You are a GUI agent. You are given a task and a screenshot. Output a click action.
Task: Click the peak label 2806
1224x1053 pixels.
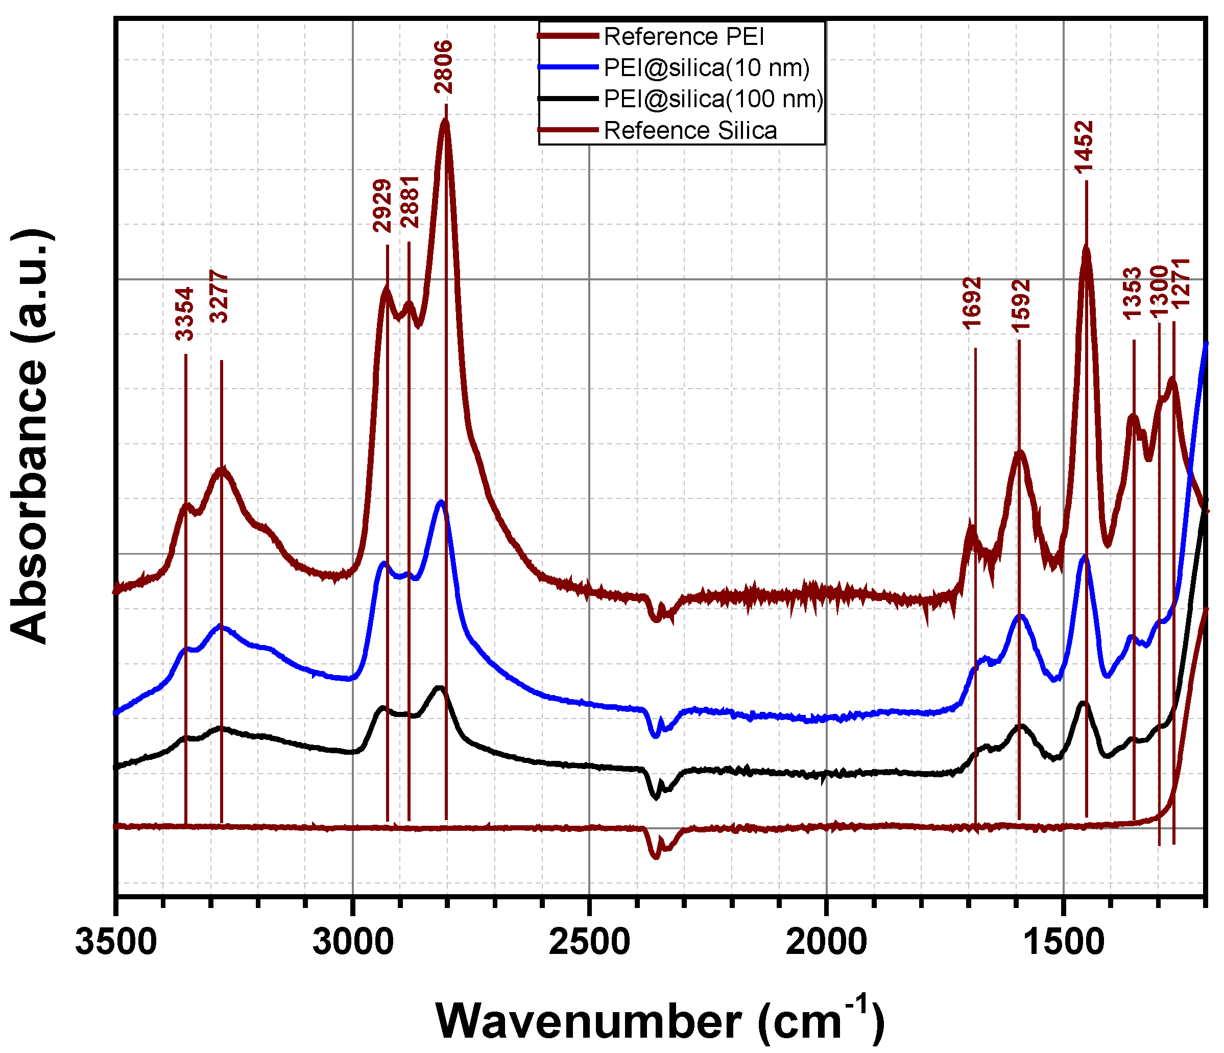(x=443, y=67)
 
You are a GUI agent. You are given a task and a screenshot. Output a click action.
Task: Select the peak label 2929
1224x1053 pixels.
(x=383, y=206)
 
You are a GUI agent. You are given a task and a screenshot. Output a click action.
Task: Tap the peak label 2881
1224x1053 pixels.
(x=410, y=202)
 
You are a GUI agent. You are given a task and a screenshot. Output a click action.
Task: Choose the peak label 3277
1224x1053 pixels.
(x=219, y=297)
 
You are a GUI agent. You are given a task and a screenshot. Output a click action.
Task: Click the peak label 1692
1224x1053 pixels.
(x=972, y=302)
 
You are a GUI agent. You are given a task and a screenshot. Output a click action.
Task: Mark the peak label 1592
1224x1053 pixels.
(x=1021, y=305)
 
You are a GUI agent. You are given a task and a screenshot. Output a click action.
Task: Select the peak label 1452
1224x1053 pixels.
(x=1085, y=147)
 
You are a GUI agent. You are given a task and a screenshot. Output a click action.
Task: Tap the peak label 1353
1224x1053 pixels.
(x=1132, y=294)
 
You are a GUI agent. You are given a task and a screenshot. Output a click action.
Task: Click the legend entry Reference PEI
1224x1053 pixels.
(x=683, y=37)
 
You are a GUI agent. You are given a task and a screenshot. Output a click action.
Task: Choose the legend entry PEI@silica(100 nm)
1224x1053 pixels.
(x=713, y=99)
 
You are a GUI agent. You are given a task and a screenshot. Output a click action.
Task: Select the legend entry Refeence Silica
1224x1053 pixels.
(x=690, y=130)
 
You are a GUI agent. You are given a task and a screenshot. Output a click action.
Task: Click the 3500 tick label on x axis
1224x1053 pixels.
(x=116, y=942)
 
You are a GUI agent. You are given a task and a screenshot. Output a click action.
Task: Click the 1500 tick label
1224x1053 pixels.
(x=1064, y=942)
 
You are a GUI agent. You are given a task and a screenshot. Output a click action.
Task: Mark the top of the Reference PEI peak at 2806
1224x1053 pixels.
(x=445, y=121)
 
